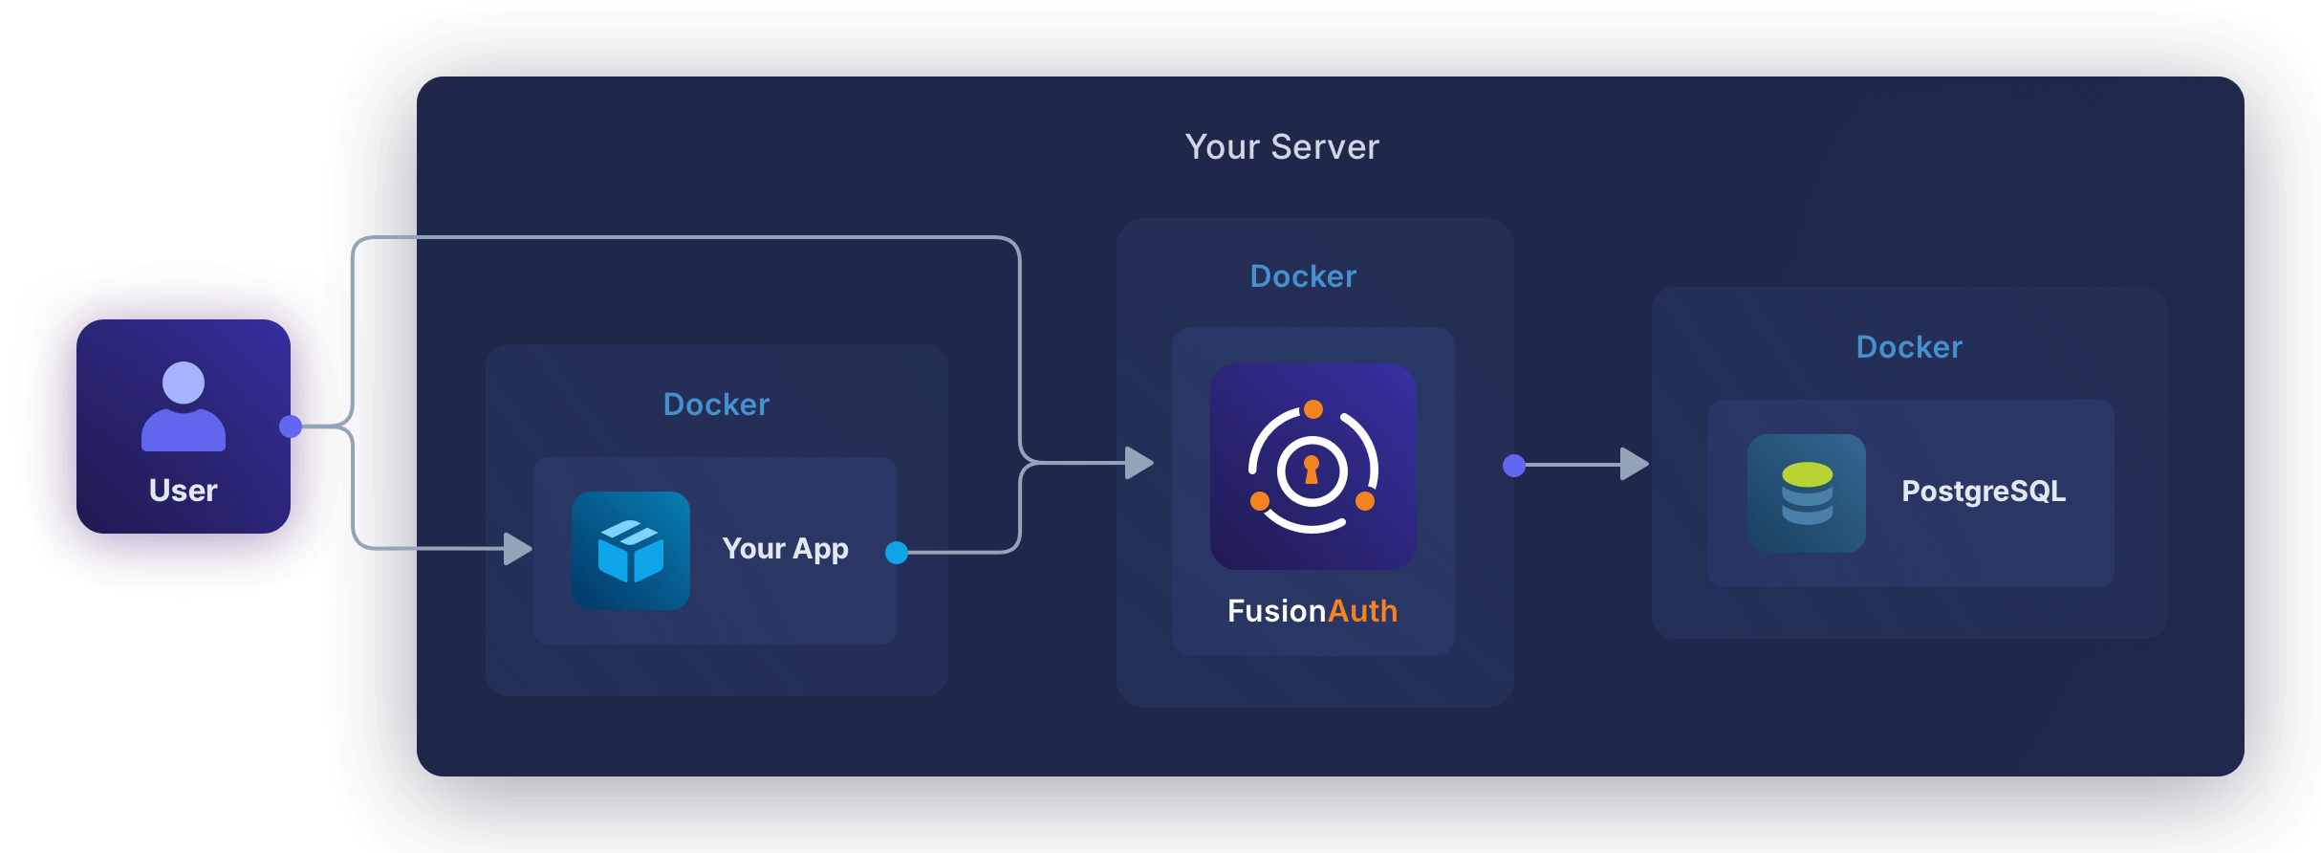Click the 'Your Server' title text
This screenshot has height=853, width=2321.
click(x=1282, y=147)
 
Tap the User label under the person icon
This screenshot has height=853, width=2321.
click(x=184, y=491)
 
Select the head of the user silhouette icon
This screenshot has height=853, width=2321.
click(x=184, y=383)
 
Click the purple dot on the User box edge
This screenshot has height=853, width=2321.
click(x=291, y=426)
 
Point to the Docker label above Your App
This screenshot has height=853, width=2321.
click(x=716, y=405)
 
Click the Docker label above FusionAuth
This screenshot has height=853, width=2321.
click(x=1303, y=276)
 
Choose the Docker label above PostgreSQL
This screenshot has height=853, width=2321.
click(x=1909, y=347)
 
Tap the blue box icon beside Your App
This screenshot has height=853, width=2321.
click(x=631, y=551)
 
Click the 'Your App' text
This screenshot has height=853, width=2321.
click(x=785, y=549)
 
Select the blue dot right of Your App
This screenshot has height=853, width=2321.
click(x=897, y=553)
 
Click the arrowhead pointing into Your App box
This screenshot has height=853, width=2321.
click(x=517, y=549)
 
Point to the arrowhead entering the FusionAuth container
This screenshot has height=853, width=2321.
click(x=1139, y=463)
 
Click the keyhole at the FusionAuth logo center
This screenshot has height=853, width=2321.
click(x=1312, y=470)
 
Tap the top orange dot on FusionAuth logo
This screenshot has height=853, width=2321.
click(x=1313, y=409)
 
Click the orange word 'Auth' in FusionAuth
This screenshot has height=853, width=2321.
click(x=1363, y=611)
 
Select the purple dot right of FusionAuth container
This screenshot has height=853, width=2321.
click(x=1514, y=466)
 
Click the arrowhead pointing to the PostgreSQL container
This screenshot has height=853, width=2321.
click(x=1634, y=465)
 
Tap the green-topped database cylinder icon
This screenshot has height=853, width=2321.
click(x=1807, y=493)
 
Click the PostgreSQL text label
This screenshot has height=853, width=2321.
click(x=1984, y=492)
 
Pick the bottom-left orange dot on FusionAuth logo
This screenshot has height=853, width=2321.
click(x=1260, y=501)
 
